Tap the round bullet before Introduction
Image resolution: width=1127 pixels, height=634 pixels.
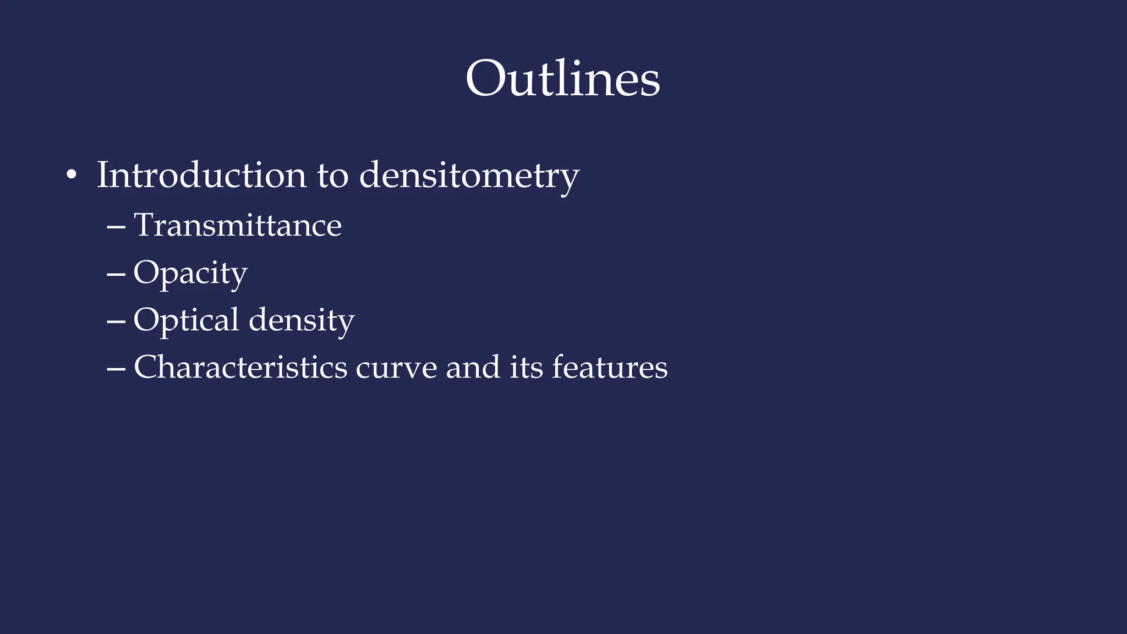coord(71,176)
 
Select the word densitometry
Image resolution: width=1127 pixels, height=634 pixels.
coord(469,176)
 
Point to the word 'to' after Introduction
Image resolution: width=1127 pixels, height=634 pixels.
coord(332,176)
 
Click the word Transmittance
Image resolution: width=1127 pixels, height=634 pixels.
coord(238,225)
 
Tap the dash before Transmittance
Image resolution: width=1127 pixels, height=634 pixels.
coord(116,226)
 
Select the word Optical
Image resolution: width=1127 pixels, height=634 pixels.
coord(186,321)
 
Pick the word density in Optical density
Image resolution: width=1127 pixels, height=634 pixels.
coord(302,321)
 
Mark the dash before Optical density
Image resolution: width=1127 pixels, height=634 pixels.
coord(116,321)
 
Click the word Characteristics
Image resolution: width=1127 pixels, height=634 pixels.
coord(240,367)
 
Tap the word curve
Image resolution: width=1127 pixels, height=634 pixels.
coord(396,367)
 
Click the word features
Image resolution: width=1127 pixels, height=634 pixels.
coord(610,367)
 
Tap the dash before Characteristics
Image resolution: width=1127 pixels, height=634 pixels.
coord(116,368)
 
